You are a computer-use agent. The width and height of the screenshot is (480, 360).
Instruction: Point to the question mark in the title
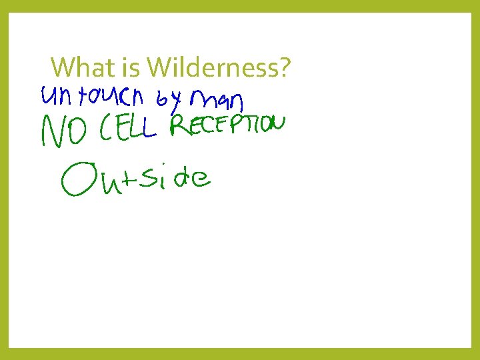click(x=285, y=67)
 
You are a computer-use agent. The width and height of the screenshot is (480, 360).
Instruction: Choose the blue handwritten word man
click(x=217, y=102)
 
